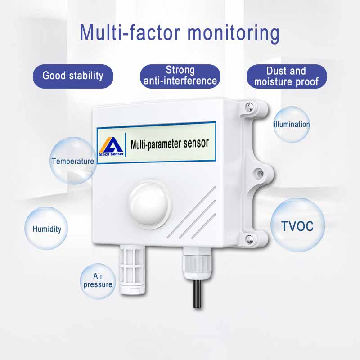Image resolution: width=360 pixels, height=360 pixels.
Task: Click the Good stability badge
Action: pyautogui.click(x=73, y=76)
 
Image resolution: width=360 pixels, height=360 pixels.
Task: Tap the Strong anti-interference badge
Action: pyautogui.click(x=180, y=76)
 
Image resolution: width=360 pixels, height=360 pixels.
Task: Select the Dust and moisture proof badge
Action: pyautogui.click(x=287, y=76)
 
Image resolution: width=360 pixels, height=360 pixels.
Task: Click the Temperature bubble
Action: pyautogui.click(x=73, y=161)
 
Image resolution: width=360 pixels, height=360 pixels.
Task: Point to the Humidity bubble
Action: pyautogui.click(x=46, y=228)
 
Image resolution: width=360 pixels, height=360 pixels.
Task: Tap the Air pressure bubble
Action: pyautogui.click(x=98, y=281)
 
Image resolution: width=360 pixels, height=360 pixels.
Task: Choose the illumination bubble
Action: pyautogui.click(x=292, y=124)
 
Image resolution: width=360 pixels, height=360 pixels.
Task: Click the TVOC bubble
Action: pyautogui.click(x=298, y=225)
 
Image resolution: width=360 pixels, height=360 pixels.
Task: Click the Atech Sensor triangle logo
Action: pyautogui.click(x=111, y=147)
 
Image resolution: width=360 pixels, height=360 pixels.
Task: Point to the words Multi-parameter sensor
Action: pyautogui.click(x=170, y=144)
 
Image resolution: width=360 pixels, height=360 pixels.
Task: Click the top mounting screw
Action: pyautogui.click(x=249, y=107)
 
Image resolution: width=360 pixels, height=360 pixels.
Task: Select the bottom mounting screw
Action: pyautogui.click(x=249, y=239)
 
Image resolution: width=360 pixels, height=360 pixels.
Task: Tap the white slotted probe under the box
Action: pyautogui.click(x=132, y=269)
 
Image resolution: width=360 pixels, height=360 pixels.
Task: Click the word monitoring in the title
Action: pyautogui.click(x=234, y=33)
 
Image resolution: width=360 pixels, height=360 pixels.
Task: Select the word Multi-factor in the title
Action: pyautogui.click(x=130, y=32)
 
